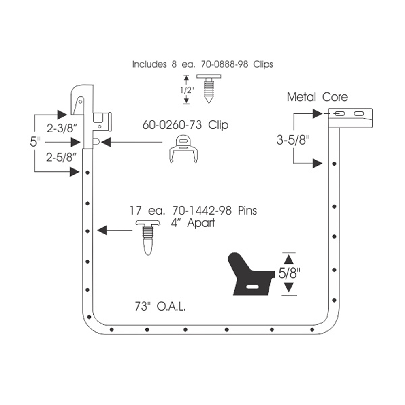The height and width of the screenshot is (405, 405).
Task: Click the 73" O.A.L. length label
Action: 160,306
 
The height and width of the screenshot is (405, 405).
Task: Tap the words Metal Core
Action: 318,97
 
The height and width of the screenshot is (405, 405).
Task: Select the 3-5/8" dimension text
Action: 293,140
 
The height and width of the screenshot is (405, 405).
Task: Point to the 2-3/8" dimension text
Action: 62,128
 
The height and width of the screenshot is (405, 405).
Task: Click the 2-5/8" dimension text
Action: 61,157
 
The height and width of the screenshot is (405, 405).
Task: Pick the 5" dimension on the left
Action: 35,142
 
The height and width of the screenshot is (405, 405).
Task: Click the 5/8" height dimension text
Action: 289,273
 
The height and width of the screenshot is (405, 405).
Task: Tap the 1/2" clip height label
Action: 187,90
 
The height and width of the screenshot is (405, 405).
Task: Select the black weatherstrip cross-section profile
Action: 251,274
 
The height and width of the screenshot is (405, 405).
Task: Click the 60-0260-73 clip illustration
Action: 183,149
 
